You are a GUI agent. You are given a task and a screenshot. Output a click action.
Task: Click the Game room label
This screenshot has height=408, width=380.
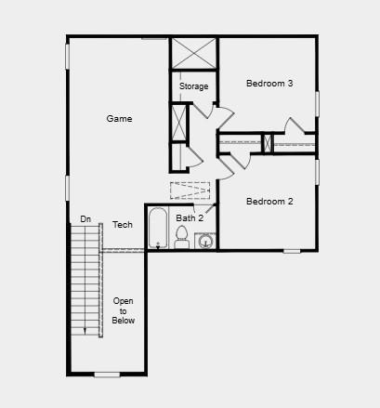click(119, 119)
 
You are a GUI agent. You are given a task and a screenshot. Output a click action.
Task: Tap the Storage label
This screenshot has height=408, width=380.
click(193, 86)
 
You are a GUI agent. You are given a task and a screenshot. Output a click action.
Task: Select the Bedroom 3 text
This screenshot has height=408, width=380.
click(269, 84)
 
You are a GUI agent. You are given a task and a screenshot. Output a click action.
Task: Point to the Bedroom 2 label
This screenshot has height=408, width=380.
click(269, 202)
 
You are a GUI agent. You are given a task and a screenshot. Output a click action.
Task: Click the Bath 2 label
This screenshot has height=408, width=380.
click(190, 218)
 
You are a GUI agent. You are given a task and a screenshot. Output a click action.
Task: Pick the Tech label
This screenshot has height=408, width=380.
click(123, 225)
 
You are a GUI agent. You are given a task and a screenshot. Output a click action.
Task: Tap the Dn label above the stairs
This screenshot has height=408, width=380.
click(85, 219)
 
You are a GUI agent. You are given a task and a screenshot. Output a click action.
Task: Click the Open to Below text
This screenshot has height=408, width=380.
click(124, 310)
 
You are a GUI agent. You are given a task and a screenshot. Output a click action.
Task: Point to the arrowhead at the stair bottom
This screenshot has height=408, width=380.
click(85, 330)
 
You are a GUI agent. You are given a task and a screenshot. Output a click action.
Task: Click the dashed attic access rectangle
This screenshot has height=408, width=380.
click(190, 191)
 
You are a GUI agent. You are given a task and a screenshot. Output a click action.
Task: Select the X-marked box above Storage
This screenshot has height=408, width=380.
click(193, 52)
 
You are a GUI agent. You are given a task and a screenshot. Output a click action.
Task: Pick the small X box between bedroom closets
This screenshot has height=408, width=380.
click(267, 143)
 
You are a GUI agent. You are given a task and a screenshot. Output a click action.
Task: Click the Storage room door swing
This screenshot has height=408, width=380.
click(224, 118)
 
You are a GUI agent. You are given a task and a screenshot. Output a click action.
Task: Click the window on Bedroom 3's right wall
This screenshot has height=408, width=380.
click(317, 103)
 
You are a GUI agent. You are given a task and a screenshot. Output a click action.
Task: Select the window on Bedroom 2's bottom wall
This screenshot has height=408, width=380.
click(292, 251)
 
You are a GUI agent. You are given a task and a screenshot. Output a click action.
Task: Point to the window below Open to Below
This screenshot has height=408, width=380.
click(108, 375)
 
